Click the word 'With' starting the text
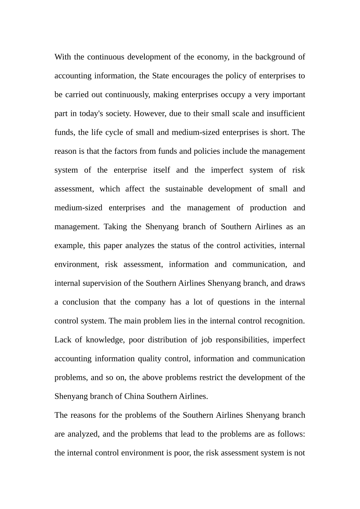point(63,57)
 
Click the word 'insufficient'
point(286,114)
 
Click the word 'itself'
point(161,170)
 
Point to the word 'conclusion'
point(80,302)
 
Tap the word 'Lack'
point(63,340)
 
